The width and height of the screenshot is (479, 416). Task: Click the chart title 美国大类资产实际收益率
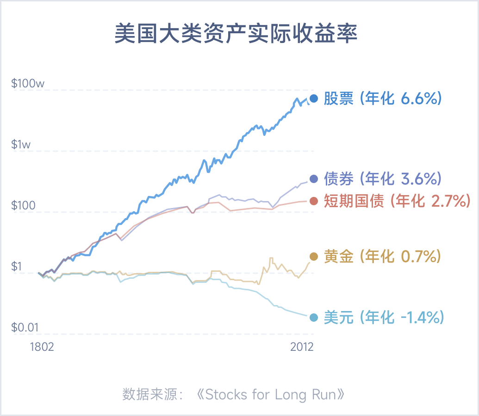[236, 35]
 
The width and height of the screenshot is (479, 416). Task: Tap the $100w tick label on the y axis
[28, 84]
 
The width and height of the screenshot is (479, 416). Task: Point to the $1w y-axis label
[21, 145]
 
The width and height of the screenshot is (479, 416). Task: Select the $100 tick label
[23, 206]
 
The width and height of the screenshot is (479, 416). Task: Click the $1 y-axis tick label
[17, 267]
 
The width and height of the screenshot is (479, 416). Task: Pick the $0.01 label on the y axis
[24, 328]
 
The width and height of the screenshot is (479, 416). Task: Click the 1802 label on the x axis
[42, 347]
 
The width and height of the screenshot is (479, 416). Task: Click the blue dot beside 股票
[314, 98]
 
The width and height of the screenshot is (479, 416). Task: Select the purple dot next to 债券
[314, 179]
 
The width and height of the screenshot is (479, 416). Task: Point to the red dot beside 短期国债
[314, 201]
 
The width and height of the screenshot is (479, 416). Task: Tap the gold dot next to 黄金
[314, 257]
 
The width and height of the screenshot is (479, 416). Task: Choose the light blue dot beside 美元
[314, 318]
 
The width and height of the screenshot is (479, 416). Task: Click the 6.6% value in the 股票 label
[418, 98]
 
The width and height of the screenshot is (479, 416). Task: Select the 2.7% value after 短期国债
[448, 201]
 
